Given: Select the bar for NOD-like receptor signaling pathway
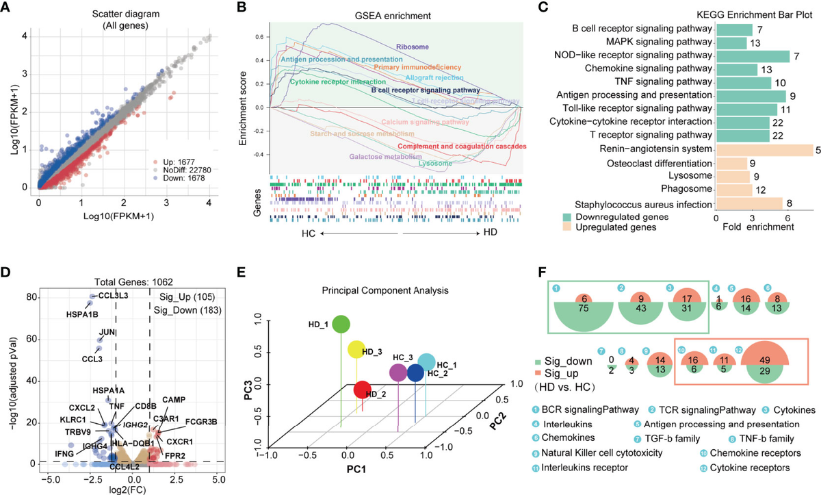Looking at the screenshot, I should click(752, 55).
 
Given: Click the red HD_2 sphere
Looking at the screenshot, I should click(363, 390).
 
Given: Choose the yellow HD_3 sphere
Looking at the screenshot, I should click(356, 350).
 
